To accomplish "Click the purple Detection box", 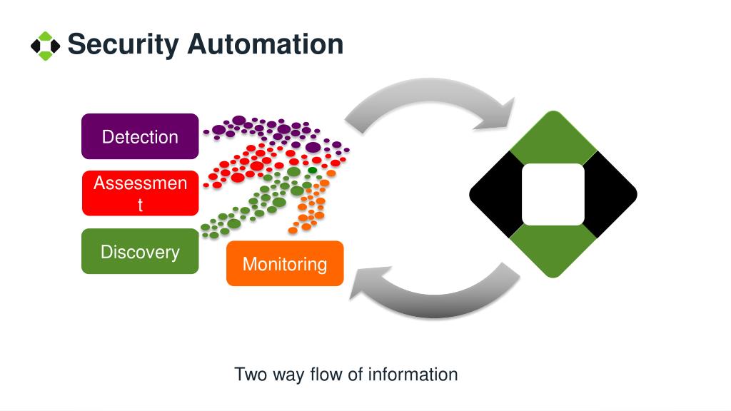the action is pyautogui.click(x=140, y=136).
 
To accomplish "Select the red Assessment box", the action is pyautogui.click(x=141, y=193).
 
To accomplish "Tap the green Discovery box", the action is pyautogui.click(x=140, y=251).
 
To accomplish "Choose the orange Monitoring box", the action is pyautogui.click(x=285, y=263).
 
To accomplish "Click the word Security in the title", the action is pyautogui.click(x=123, y=45).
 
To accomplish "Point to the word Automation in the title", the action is pyautogui.click(x=266, y=44).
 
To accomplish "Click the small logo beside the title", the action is pyautogui.click(x=45, y=46).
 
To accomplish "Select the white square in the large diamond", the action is pyautogui.click(x=553, y=194).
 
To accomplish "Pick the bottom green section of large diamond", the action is pyautogui.click(x=553, y=252).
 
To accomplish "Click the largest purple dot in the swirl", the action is pyautogui.click(x=313, y=148).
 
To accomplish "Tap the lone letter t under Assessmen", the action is pyautogui.click(x=140, y=205).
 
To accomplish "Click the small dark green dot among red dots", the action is pyautogui.click(x=313, y=170).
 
